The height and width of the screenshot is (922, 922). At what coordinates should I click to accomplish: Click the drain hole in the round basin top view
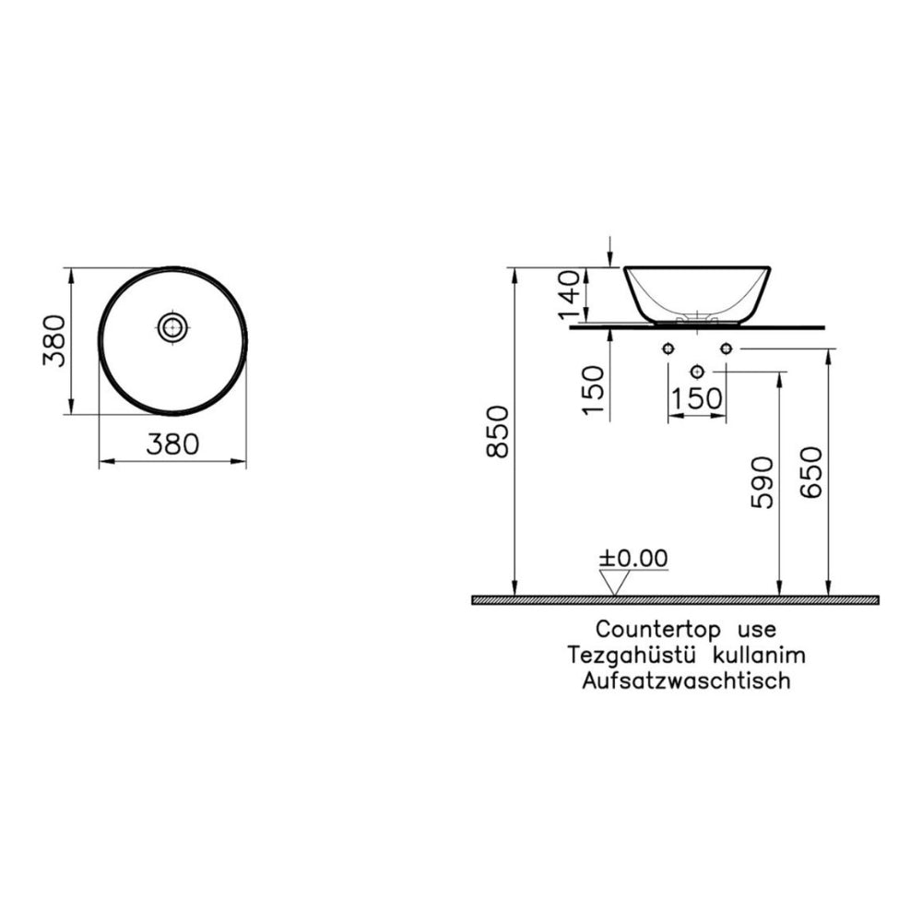coord(173,327)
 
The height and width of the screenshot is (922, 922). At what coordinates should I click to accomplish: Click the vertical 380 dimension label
coord(54,341)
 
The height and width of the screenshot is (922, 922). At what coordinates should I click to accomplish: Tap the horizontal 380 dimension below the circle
coord(173,444)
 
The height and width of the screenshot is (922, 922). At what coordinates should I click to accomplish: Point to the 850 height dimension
coord(499,431)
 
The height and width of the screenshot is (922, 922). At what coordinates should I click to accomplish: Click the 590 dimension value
coord(762,482)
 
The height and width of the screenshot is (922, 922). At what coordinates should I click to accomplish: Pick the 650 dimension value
coord(811,473)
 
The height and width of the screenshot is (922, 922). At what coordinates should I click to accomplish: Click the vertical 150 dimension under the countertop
coord(593,390)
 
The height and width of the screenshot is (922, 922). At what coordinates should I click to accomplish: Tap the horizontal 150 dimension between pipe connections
coord(696,398)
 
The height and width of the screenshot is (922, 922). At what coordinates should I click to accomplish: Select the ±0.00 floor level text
coord(633,559)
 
